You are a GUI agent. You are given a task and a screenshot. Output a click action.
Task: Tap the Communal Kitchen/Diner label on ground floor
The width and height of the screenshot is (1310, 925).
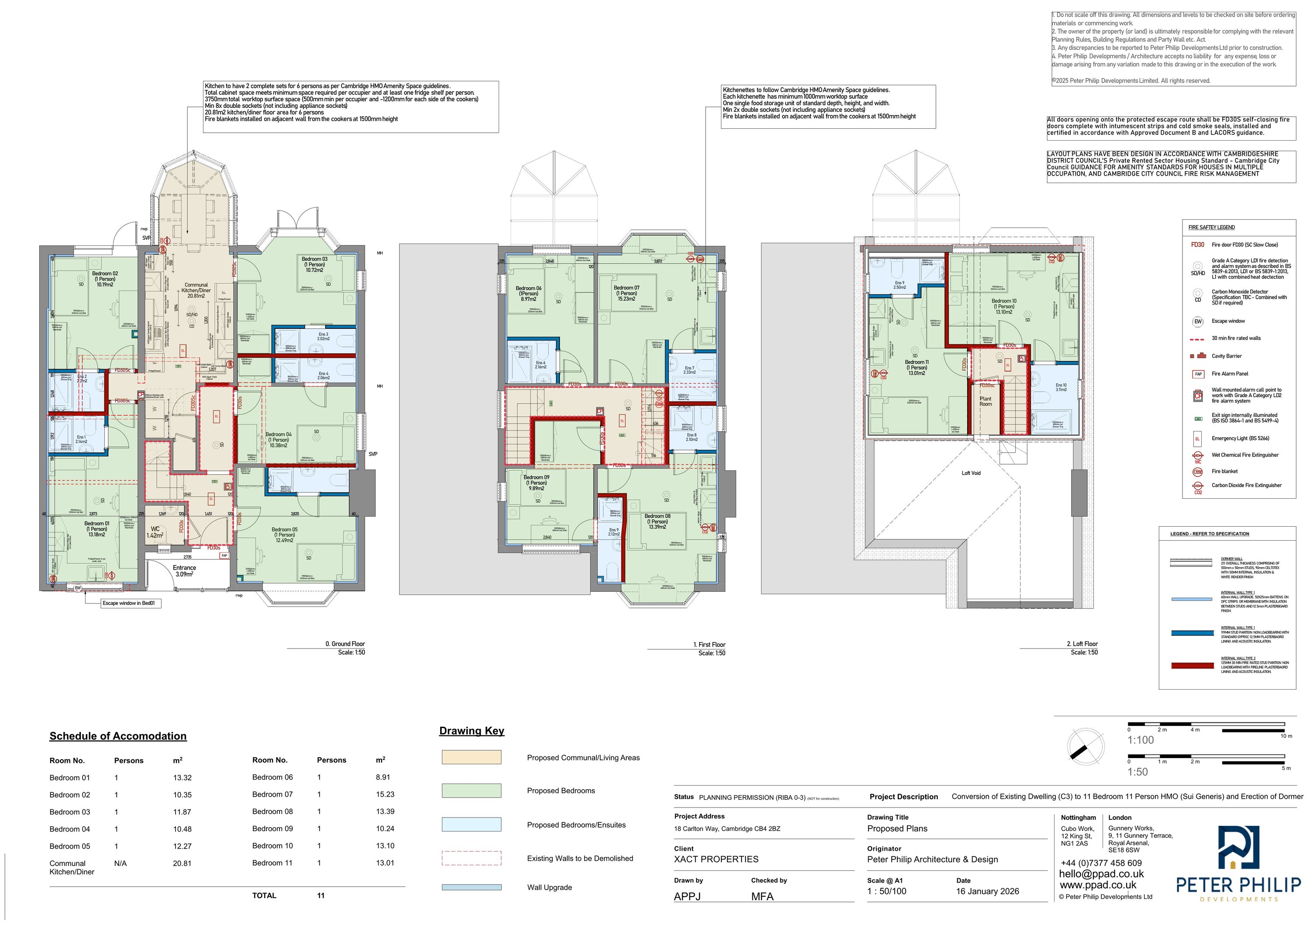pos(196,290)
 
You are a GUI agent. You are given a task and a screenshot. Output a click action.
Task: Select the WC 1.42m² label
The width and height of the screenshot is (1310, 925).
pos(155,532)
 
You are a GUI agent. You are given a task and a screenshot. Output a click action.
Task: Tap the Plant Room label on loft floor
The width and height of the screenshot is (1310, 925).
pos(986,401)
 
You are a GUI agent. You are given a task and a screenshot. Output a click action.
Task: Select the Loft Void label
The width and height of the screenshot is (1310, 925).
pos(971,473)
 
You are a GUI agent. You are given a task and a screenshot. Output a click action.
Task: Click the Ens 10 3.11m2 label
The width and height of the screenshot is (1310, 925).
pos(1061,387)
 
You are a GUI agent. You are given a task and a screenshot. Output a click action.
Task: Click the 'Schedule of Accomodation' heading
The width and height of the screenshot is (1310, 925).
pos(118,736)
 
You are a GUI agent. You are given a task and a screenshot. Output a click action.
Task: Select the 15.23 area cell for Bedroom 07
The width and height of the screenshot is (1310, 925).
pos(385,794)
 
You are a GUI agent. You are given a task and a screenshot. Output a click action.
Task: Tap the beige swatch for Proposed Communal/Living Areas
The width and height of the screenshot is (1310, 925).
pos(471,757)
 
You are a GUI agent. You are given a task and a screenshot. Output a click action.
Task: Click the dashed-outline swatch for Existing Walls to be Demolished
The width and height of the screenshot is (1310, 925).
pos(471,858)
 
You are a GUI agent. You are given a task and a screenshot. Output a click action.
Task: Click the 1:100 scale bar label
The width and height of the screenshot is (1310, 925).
pos(1140,740)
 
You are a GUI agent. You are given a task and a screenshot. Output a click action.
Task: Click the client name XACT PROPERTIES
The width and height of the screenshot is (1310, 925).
pos(716,859)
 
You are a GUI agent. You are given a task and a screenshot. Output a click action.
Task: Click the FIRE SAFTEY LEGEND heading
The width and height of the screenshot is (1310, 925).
pos(1211,227)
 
